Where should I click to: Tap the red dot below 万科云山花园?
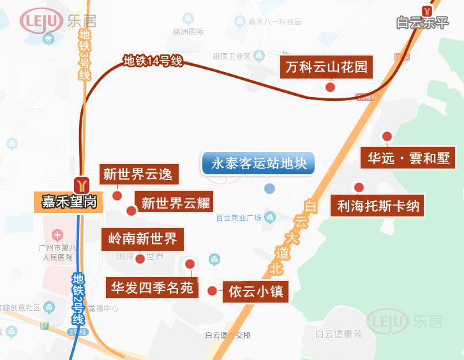click(x=330, y=87)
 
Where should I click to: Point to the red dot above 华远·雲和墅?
click(x=387, y=136)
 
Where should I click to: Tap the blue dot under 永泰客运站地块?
click(x=269, y=188)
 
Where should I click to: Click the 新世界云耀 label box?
click(x=176, y=203)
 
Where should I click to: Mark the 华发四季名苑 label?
click(x=152, y=288)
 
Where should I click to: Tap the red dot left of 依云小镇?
click(x=213, y=291)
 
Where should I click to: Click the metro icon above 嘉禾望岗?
click(x=81, y=184)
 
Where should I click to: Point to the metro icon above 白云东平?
click(x=426, y=10)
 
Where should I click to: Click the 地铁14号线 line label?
click(x=153, y=61)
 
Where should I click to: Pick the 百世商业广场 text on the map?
click(x=239, y=218)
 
